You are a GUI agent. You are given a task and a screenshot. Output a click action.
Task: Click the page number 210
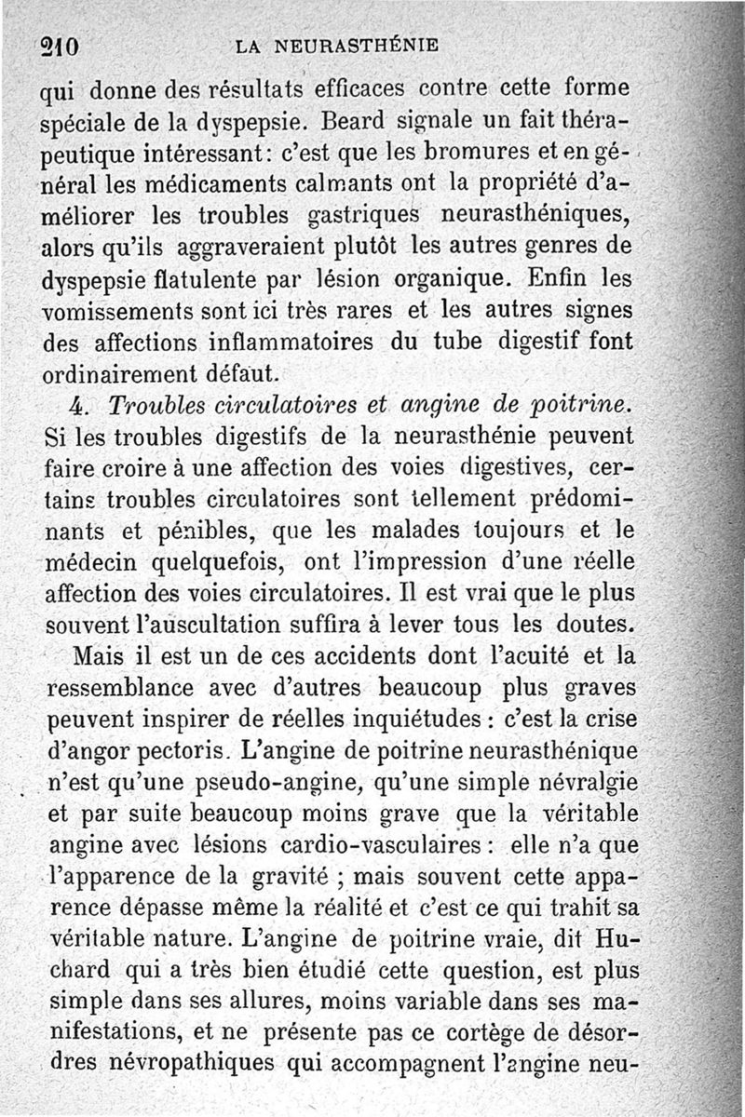click(x=57, y=46)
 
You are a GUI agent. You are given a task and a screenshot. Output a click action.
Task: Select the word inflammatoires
click(x=291, y=342)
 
